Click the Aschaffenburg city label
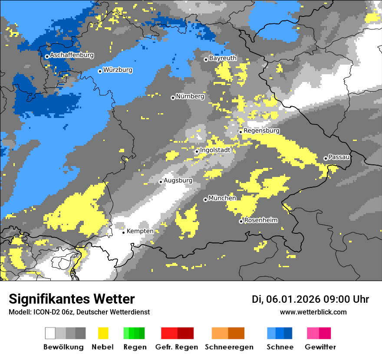coord(72,56)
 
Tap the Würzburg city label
coord(118,70)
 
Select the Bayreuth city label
coord(223,58)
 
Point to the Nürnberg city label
coord(190,97)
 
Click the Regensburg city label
coord(262,131)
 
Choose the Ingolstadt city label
coord(215,150)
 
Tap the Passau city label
coord(339,157)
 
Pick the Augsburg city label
coord(178,180)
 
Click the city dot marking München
coord(205,200)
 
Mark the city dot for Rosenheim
coord(241,222)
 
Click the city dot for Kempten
coord(123,232)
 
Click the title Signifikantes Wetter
coord(72,299)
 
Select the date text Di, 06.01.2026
coord(286,299)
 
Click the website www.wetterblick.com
coord(313,312)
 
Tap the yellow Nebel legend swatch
coord(103,333)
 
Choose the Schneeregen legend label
coord(229,347)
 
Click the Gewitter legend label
coord(320,347)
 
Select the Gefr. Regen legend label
coord(176,347)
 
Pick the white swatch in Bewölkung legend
coord(50,333)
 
